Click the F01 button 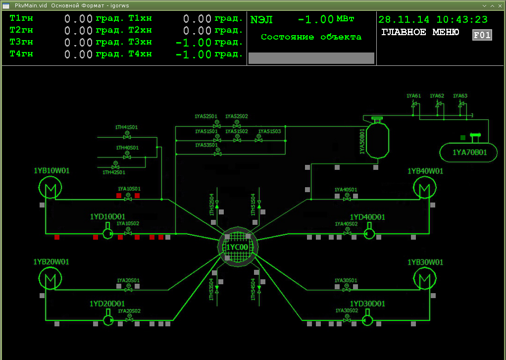482,35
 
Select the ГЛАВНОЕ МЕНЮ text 420,33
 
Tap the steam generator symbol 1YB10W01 50,188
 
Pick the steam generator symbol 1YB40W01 424,188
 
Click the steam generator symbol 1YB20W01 50,279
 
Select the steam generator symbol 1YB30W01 424,279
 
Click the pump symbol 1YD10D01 107,233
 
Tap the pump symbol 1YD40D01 368,233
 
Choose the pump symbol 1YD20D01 107,319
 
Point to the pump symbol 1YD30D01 367,319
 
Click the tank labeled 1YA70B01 469,152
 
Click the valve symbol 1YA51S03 258,140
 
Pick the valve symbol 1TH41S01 127,136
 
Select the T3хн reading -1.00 194,43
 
